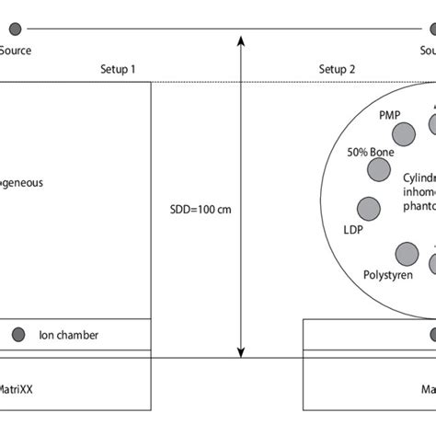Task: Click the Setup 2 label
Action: [337, 70]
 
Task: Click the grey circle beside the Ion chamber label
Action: [18, 335]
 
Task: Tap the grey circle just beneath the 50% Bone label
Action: [376, 170]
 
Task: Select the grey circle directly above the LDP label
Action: [368, 208]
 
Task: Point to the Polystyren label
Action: [388, 274]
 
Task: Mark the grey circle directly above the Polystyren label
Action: [406, 252]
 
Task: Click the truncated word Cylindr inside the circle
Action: [420, 177]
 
